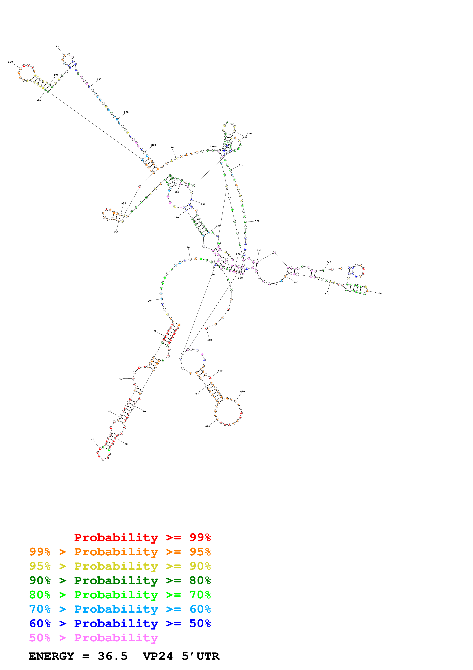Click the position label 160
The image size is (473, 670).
pyautogui.click(x=10, y=62)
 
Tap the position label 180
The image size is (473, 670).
pyautogui.click(x=56, y=46)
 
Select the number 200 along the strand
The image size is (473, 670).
pyautogui.click(x=126, y=112)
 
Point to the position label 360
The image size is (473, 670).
pyautogui.click(x=379, y=293)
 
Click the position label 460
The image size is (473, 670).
pyautogui.click(x=210, y=340)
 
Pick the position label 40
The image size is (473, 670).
pyautogui.click(x=92, y=439)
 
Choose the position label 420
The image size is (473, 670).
pyautogui.click(x=208, y=426)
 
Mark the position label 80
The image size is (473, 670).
pyautogui.click(x=149, y=301)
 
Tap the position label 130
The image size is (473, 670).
pyautogui.click(x=116, y=232)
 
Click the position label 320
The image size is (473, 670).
pyautogui.click(x=257, y=221)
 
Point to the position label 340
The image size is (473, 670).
pyautogui.click(x=329, y=262)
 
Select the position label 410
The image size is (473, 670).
pyautogui.click(x=243, y=391)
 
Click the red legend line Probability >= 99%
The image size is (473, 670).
pyautogui.click(x=142, y=537)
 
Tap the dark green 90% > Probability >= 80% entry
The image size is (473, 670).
pyautogui.click(x=120, y=580)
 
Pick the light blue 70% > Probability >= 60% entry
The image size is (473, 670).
pyautogui.click(x=120, y=609)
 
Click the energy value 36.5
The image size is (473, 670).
pyautogui.click(x=113, y=656)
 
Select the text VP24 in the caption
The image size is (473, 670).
pyautogui.click(x=158, y=656)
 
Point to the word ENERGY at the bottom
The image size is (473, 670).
pyautogui.click(x=51, y=656)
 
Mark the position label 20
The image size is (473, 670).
pyautogui.click(x=144, y=411)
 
